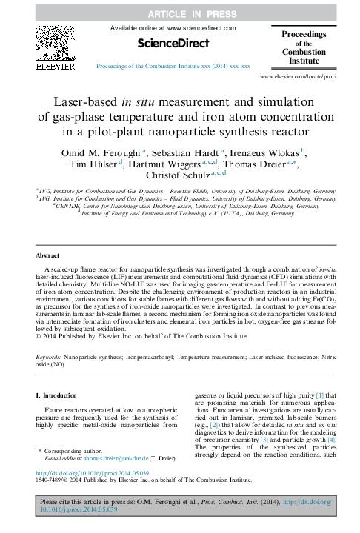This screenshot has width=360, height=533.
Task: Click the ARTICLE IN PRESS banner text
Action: (180, 13)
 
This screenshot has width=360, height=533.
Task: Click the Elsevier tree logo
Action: (56, 45)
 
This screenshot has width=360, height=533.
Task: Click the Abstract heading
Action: (48, 254)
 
